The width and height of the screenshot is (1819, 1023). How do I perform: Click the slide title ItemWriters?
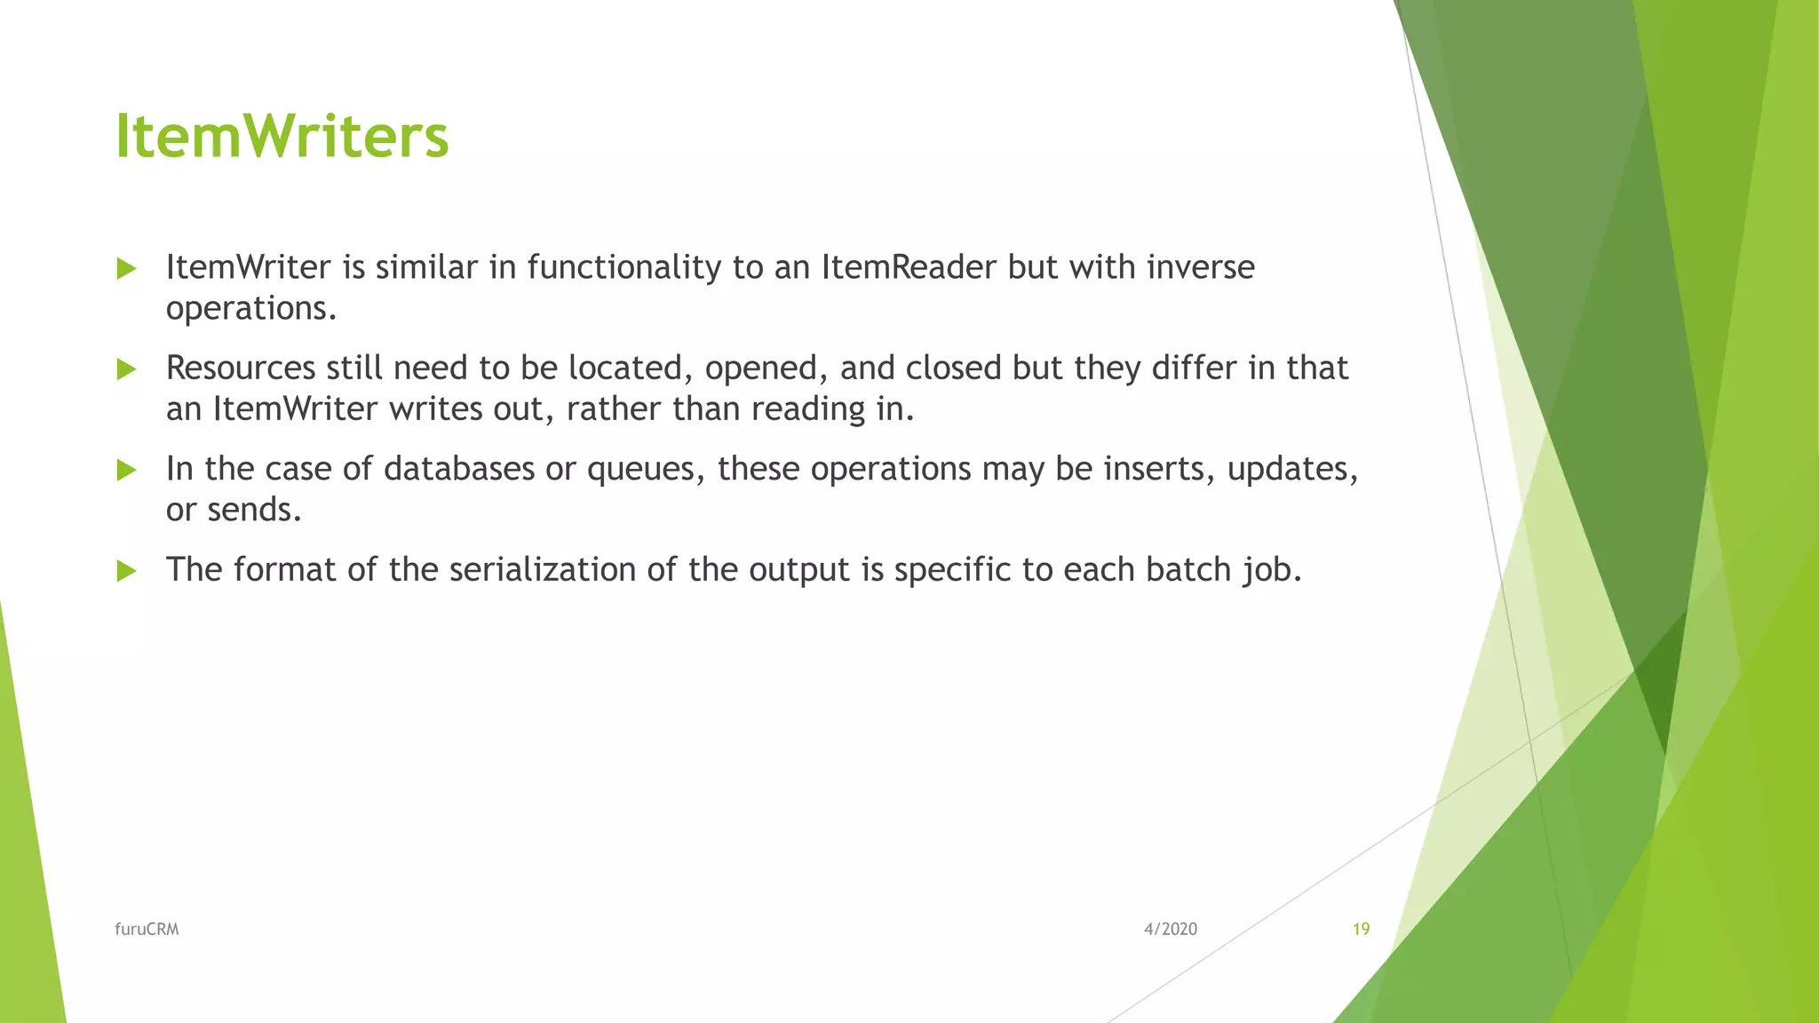(282, 137)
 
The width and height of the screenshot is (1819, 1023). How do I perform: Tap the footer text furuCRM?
(147, 929)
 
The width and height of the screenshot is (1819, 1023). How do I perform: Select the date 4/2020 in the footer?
(1170, 929)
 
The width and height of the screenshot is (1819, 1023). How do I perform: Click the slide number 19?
(1361, 929)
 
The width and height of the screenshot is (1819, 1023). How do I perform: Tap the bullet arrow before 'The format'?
(126, 571)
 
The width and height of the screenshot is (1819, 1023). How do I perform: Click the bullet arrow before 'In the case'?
(126, 470)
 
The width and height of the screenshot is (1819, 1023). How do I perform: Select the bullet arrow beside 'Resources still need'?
(126, 369)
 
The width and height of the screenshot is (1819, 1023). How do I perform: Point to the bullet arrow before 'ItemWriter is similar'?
(126, 268)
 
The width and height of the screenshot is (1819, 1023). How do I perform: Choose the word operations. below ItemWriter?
(251, 310)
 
